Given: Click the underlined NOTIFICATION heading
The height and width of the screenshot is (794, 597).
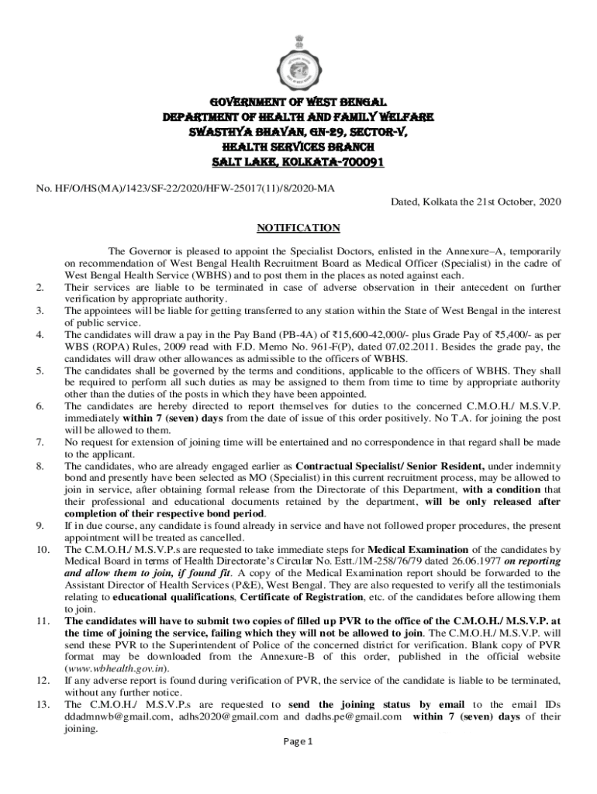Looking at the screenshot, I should coord(298,228).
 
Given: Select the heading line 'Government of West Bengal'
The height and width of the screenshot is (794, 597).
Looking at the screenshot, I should coord(298,102).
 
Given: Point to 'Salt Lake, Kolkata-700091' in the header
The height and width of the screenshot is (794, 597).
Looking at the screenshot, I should coord(298,163).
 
